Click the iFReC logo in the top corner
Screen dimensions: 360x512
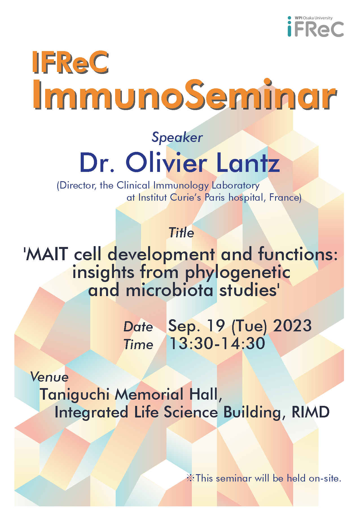pos(315,27)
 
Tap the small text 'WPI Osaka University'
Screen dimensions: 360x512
pos(313,18)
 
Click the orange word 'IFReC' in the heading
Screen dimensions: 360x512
pos(71,62)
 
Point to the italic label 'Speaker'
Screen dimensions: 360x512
pos(177,138)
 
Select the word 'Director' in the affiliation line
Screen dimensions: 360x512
pos(77,186)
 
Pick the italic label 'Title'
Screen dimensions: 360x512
pos(181,233)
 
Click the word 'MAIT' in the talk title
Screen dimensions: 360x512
pos(47,254)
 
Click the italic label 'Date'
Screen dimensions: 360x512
pos(138,327)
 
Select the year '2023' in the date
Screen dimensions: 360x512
pos(292,325)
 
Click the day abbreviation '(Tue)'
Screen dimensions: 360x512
pos(249,326)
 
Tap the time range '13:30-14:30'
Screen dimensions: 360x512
pos(217,343)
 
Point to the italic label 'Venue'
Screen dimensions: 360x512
pos(49,377)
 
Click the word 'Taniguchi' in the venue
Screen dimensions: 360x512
pos(74,395)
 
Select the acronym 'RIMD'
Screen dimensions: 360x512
pos(311,412)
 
